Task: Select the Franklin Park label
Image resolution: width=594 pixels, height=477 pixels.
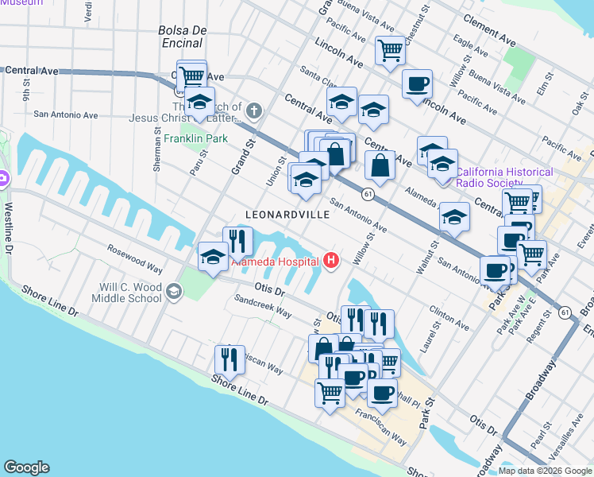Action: (195, 138)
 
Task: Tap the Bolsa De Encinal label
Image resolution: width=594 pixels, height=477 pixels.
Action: (183, 37)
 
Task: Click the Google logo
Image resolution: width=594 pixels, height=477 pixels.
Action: (26, 467)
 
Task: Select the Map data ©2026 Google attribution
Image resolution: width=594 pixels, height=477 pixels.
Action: (545, 471)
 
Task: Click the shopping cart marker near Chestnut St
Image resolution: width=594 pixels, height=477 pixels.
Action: (390, 50)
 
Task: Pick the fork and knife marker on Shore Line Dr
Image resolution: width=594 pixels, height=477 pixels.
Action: (229, 359)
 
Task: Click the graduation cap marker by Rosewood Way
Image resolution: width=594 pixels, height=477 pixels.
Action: (213, 256)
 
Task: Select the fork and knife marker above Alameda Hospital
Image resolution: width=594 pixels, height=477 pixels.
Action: (238, 240)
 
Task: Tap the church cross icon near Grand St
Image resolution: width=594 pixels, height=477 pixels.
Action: (253, 110)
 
